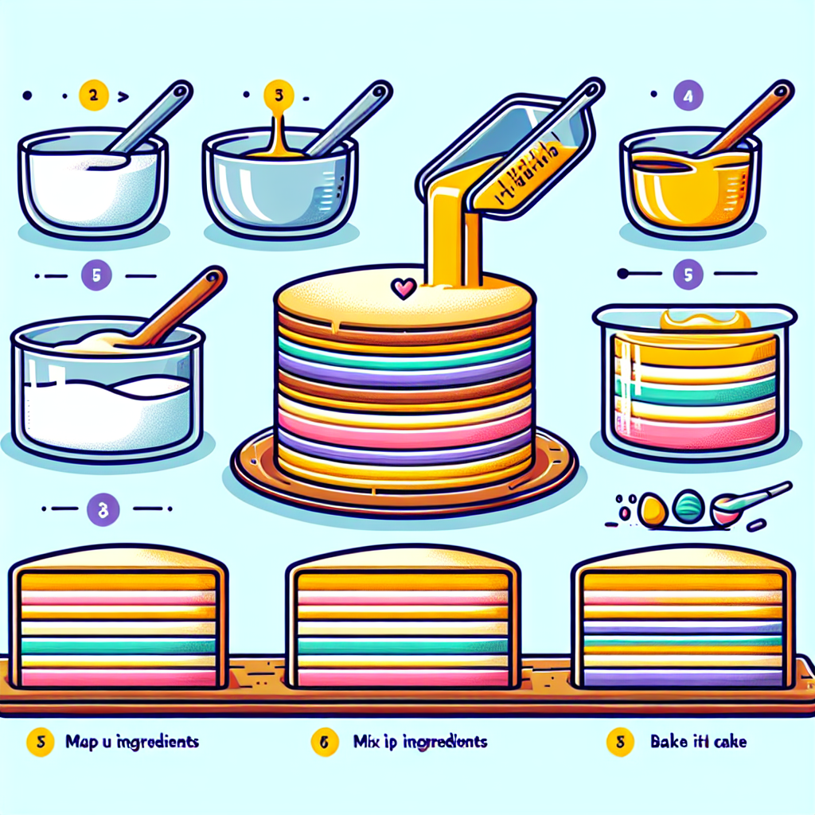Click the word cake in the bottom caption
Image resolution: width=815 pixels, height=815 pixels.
click(x=728, y=742)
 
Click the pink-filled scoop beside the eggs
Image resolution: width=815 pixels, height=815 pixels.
click(x=725, y=511)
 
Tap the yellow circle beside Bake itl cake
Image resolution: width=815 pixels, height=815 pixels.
click(x=618, y=742)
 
